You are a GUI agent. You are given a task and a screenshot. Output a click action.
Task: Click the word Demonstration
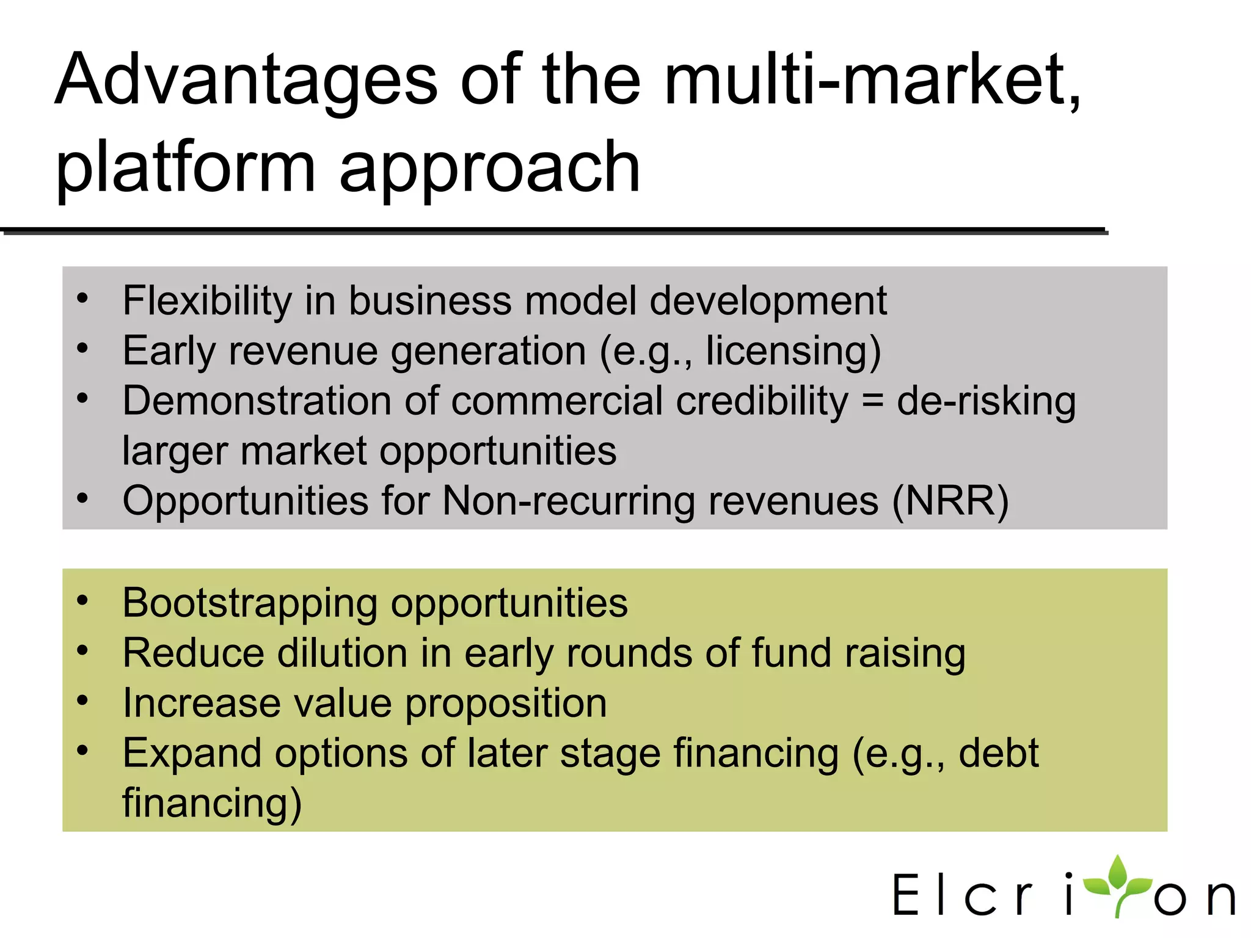(x=257, y=401)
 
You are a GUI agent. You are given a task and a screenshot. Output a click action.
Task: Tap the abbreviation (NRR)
(x=950, y=501)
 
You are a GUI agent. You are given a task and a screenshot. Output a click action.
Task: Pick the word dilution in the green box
(x=342, y=653)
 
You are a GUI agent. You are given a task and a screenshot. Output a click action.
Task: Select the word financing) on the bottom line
(x=212, y=803)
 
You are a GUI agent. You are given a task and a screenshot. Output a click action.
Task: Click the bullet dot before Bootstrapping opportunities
(x=82, y=600)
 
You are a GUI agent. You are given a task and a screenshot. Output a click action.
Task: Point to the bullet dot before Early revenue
(x=82, y=348)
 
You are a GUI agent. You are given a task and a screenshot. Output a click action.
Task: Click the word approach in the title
(x=489, y=168)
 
